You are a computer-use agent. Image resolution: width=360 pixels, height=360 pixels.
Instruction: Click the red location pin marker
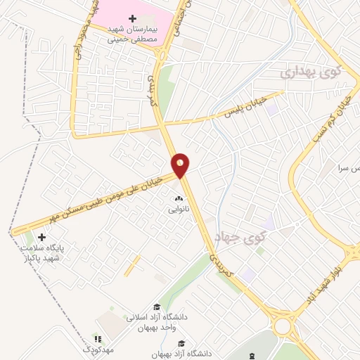click(x=181, y=165)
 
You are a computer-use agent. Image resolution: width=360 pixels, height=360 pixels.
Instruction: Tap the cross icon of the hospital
click(x=132, y=18)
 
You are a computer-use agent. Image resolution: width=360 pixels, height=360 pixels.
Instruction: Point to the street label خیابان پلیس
click(x=243, y=105)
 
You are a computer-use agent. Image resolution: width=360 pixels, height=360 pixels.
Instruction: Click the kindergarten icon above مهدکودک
click(x=98, y=338)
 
